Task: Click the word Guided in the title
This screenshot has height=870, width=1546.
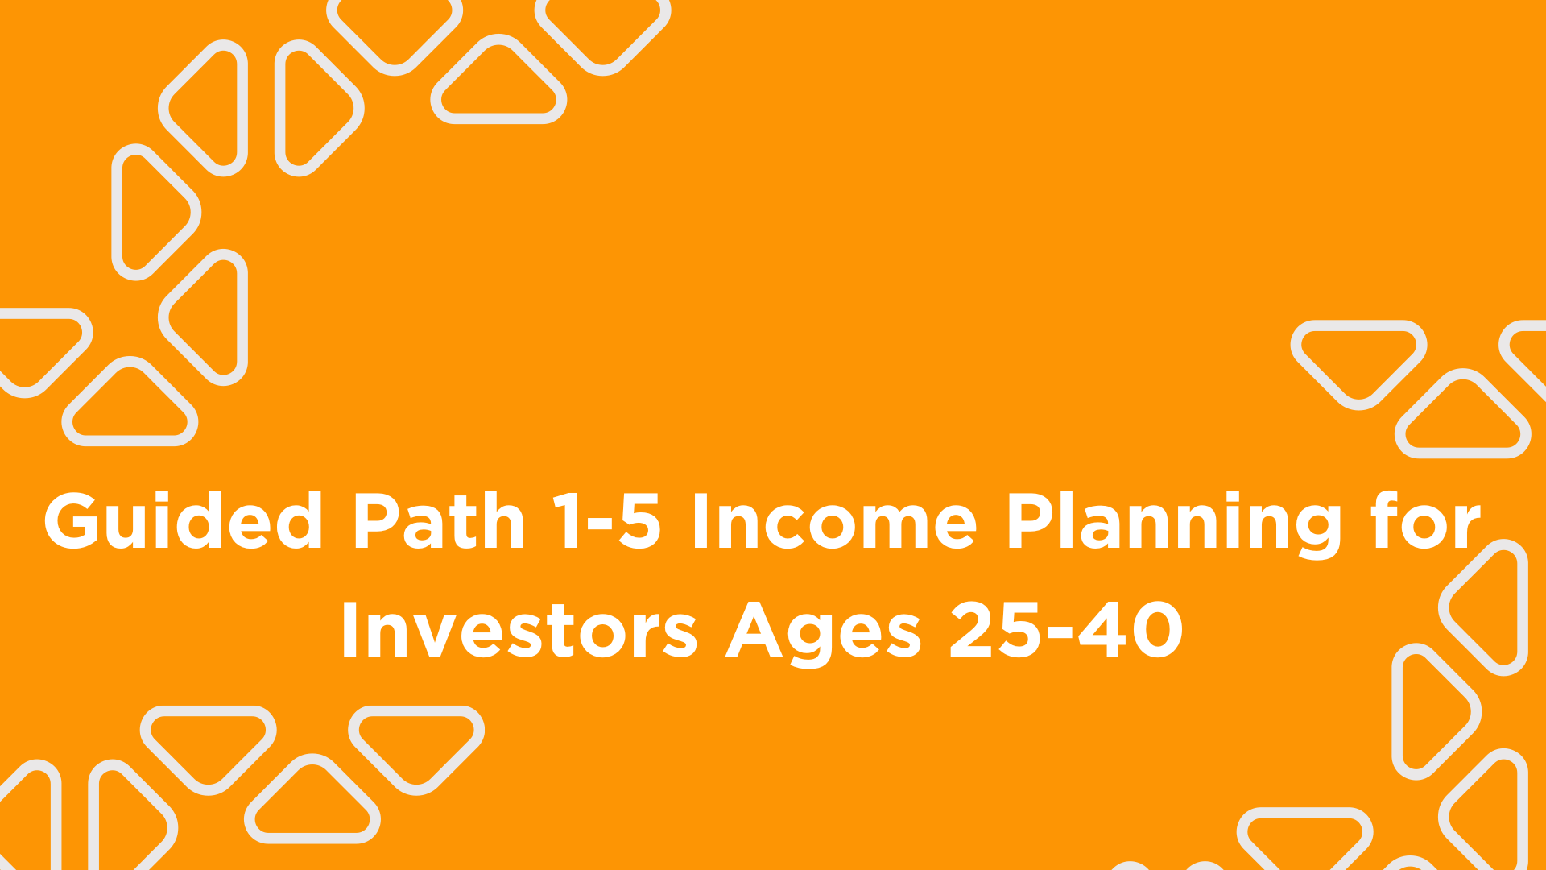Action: tap(184, 521)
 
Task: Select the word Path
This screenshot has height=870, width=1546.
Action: tap(440, 521)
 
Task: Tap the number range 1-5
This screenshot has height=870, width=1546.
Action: tap(607, 521)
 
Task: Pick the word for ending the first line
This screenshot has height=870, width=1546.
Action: tap(1426, 521)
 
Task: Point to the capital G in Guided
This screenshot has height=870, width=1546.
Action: tap(75, 521)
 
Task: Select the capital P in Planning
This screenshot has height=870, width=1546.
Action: tap(1032, 521)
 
